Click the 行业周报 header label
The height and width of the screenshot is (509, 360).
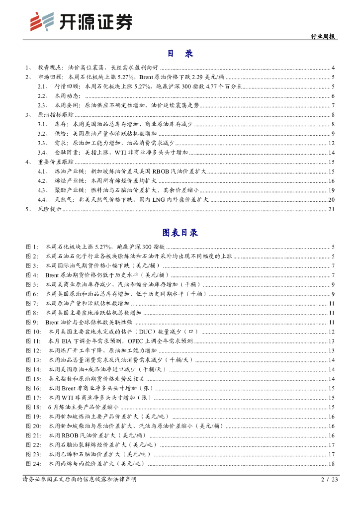point(322,36)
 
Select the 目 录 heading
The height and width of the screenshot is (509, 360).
point(180,54)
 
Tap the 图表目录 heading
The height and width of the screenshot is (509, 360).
point(180,232)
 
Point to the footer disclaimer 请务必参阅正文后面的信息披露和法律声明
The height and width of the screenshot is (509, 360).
point(79,480)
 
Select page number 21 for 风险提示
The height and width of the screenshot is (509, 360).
point(332,209)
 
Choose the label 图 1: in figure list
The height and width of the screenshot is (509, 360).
point(32,247)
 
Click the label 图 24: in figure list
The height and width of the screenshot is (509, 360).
point(34,464)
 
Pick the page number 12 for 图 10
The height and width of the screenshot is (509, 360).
point(332,332)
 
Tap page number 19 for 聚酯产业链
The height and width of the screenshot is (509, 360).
point(332,190)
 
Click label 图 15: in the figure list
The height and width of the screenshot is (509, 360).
point(34,379)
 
